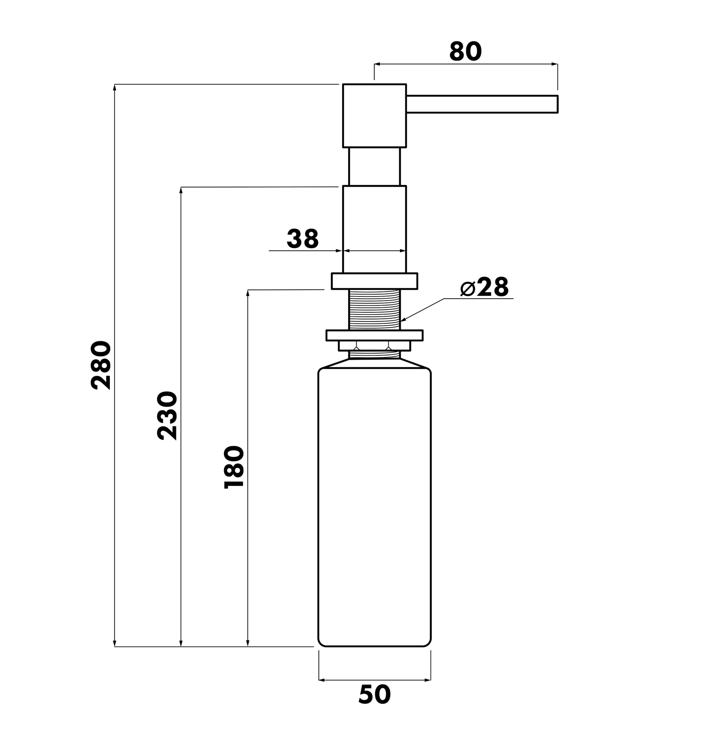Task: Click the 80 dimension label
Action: (466, 51)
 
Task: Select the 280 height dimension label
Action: (101, 365)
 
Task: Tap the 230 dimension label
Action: (168, 416)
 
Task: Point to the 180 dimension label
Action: (234, 467)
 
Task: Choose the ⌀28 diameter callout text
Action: (484, 287)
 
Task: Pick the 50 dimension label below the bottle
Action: (374, 694)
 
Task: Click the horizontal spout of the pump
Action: (482, 104)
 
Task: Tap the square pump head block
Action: (374, 116)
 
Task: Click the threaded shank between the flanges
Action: (374, 310)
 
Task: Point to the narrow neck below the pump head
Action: (374, 167)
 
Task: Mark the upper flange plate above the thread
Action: (374, 281)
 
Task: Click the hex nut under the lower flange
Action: (374, 346)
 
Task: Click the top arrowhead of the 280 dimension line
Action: (115, 88)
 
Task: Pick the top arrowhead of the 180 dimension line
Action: (248, 293)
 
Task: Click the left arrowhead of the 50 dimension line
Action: (322, 680)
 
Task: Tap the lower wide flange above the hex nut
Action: (374, 335)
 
